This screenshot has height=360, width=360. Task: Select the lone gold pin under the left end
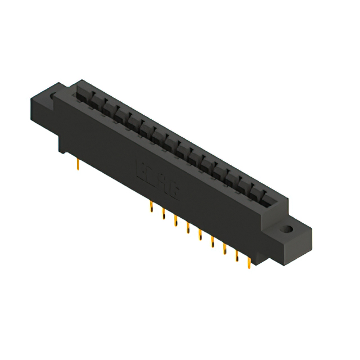(x=77, y=164)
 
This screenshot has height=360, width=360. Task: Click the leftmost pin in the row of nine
(x=150, y=208)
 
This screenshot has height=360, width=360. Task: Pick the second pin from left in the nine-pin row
(x=163, y=214)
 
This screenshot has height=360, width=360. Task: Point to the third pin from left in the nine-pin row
(x=175, y=220)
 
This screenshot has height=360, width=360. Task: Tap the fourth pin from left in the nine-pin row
(x=187, y=227)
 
